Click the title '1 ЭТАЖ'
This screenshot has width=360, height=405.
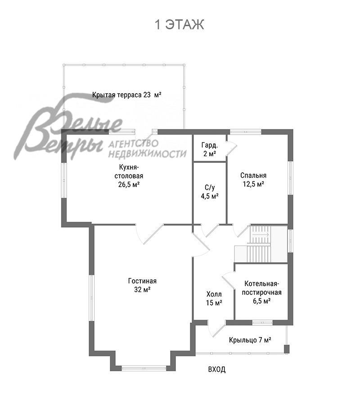[180, 25]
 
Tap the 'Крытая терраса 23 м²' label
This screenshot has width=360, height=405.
[127, 95]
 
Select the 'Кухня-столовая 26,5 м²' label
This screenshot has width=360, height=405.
[129, 175]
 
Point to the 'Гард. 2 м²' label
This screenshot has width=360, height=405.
[210, 149]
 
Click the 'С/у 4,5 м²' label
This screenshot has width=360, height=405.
[210, 192]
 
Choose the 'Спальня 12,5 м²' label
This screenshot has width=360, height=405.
[253, 180]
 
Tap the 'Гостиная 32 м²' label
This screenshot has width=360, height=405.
[142, 285]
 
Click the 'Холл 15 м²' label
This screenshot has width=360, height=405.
[214, 299]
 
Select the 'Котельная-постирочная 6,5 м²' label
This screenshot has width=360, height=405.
[261, 292]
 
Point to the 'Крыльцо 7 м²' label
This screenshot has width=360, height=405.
[250, 340]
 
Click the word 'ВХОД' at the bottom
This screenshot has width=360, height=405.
[216, 369]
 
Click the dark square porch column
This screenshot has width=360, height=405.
[287, 349]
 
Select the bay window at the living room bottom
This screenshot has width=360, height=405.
[144, 368]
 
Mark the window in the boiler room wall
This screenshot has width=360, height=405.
[262, 322]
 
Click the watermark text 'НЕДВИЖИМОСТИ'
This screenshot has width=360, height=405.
[147, 154]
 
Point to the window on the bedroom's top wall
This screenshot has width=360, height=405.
[246, 132]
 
